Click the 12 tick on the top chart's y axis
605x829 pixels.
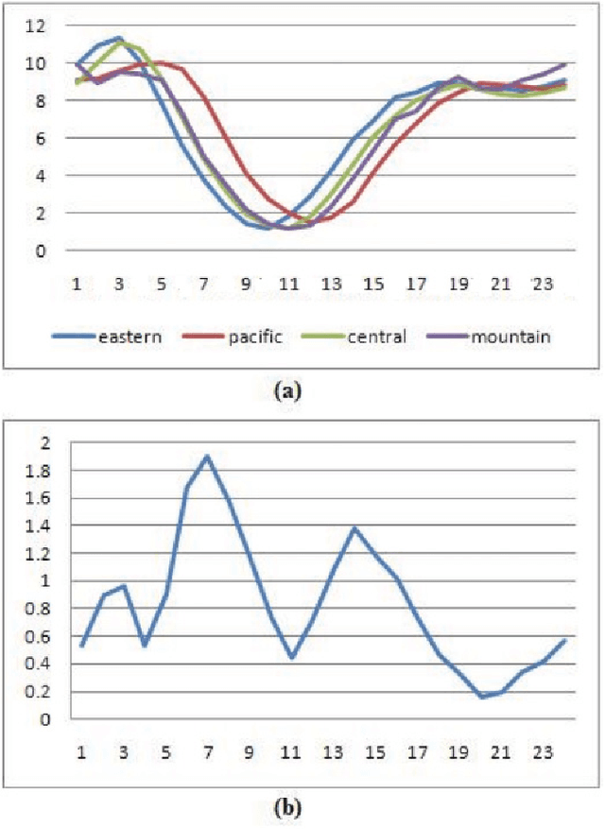click(36, 26)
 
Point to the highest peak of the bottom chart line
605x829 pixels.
click(207, 456)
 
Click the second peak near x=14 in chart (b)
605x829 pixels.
click(354, 527)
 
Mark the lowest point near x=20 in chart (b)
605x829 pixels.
click(481, 698)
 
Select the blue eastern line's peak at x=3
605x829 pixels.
click(119, 39)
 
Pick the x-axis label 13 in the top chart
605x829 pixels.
click(330, 283)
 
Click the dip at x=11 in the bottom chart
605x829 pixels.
click(292, 657)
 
